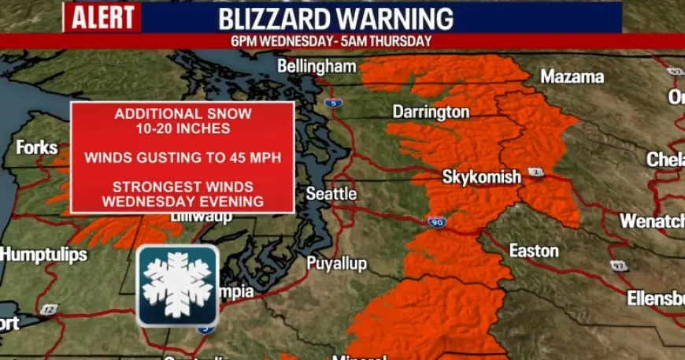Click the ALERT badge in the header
coord(102,17)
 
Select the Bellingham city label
coord(317,66)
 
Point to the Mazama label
coord(572,76)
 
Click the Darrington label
coord(431,112)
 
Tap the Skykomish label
coord(481,177)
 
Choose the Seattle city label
coord(331,193)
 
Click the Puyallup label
coord(336,263)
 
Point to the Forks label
coord(36,147)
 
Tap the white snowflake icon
coord(177,285)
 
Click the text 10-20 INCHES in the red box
coord(183,128)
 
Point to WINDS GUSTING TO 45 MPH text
coord(183,158)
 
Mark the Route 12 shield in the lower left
coord(48,309)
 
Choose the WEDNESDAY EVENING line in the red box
coord(183,201)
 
